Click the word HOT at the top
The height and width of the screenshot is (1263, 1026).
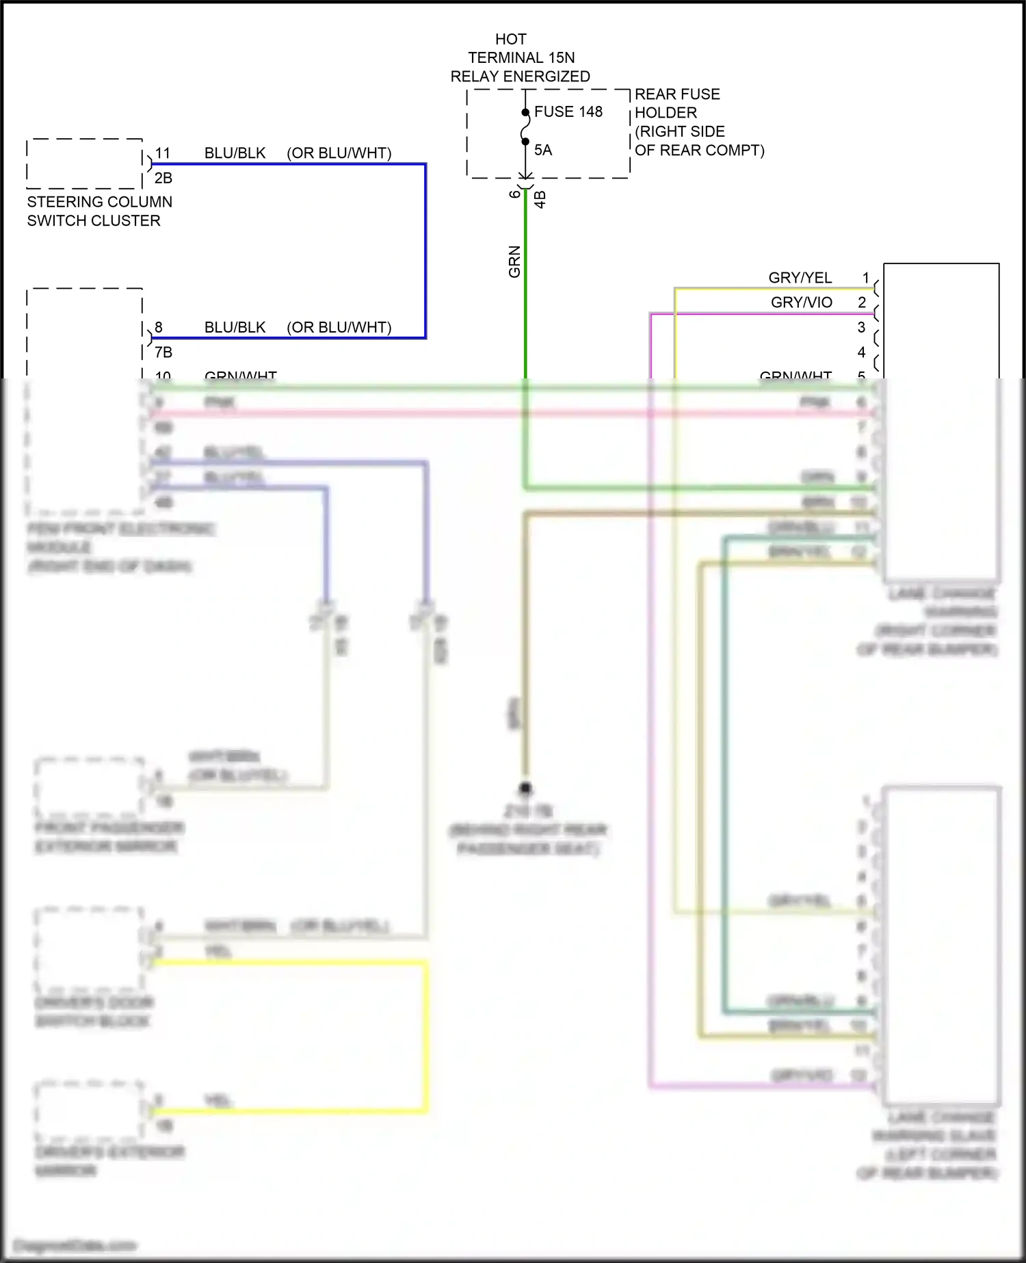[510, 40]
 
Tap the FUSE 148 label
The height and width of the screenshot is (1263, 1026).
[568, 112]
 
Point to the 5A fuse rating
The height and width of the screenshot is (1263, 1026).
[542, 150]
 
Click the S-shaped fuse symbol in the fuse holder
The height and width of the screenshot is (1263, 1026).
[525, 127]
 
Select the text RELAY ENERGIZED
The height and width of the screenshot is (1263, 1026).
[520, 77]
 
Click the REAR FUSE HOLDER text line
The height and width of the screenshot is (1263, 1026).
[676, 94]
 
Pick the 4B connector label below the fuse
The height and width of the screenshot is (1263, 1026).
[540, 199]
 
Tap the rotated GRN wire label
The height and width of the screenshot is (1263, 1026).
[514, 261]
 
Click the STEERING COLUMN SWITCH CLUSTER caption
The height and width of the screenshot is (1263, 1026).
[99, 211]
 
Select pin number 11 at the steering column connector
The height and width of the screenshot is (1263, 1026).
[163, 153]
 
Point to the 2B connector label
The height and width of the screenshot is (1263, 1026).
[163, 178]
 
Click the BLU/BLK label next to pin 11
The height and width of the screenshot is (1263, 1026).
[235, 153]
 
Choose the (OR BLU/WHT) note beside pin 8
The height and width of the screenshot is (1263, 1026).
[339, 327]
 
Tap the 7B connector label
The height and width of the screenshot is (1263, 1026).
[163, 352]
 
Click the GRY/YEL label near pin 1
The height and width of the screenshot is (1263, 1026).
[800, 278]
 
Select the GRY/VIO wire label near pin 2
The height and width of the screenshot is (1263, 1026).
[801, 302]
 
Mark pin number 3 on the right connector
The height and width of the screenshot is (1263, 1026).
[861, 328]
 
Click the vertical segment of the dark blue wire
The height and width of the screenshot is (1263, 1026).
[425, 250]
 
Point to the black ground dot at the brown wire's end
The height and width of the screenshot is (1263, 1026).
[525, 788]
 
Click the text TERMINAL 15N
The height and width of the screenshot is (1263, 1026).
[521, 58]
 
